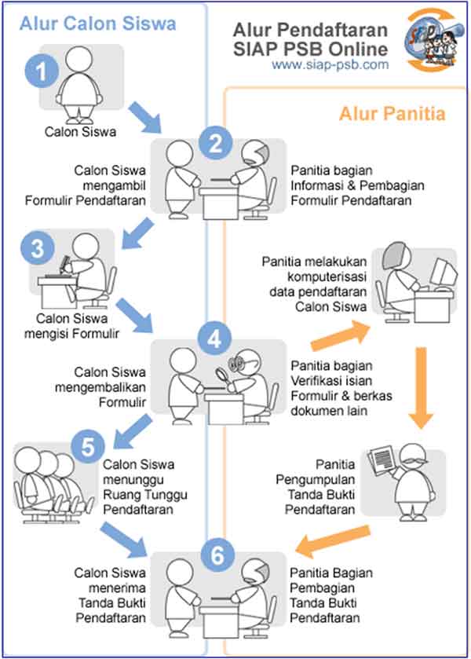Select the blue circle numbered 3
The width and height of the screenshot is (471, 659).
pos(36,248)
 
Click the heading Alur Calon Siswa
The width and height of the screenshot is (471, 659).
pos(97,24)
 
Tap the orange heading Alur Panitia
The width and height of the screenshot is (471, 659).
pos(392,114)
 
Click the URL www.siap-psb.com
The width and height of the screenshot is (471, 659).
pos(330,65)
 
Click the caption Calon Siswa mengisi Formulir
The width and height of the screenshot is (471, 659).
pos(78,326)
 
